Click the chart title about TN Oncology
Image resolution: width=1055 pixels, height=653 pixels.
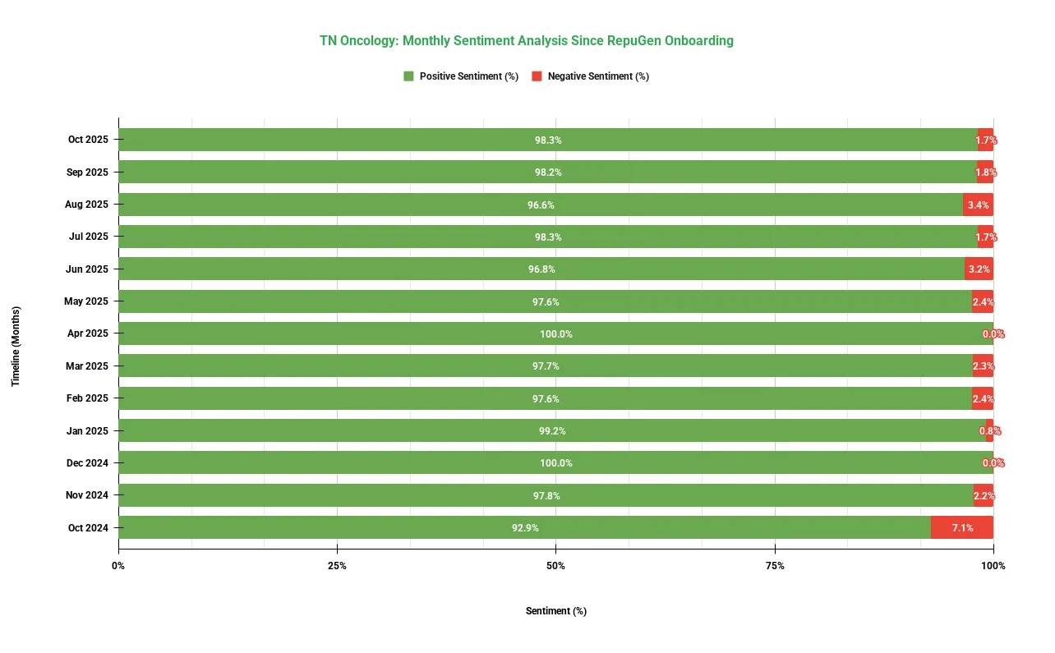[527, 40]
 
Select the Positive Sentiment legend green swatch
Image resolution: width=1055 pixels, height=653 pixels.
[408, 76]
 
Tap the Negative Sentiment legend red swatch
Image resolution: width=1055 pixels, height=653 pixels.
[537, 76]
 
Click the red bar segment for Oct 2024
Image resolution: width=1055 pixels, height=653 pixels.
[961, 527]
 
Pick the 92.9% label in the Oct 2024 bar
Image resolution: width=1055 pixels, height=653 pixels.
[525, 528]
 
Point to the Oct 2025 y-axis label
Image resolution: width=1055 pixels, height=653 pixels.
[88, 140]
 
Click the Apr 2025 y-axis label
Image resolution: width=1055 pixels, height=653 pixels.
[88, 333]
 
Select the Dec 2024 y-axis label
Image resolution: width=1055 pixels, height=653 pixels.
[87, 463]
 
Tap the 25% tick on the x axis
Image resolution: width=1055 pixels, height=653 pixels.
[337, 566]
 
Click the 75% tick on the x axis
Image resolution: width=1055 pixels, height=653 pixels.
[775, 566]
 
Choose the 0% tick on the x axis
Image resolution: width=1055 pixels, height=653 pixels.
[118, 566]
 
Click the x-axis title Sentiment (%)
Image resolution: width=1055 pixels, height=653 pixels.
[556, 611]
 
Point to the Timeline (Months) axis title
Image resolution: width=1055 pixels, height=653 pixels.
[16, 346]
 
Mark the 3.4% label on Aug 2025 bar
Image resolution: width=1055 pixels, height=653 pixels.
[978, 205]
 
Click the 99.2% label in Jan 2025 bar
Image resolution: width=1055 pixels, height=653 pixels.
[552, 431]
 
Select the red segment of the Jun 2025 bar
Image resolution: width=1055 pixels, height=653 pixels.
[979, 269]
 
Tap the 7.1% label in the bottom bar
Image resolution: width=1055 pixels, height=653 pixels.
[962, 528]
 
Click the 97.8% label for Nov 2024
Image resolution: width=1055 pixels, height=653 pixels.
[546, 496]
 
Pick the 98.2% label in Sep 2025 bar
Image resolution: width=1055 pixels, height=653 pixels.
[548, 172]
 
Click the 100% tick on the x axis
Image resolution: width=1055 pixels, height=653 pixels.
[993, 566]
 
